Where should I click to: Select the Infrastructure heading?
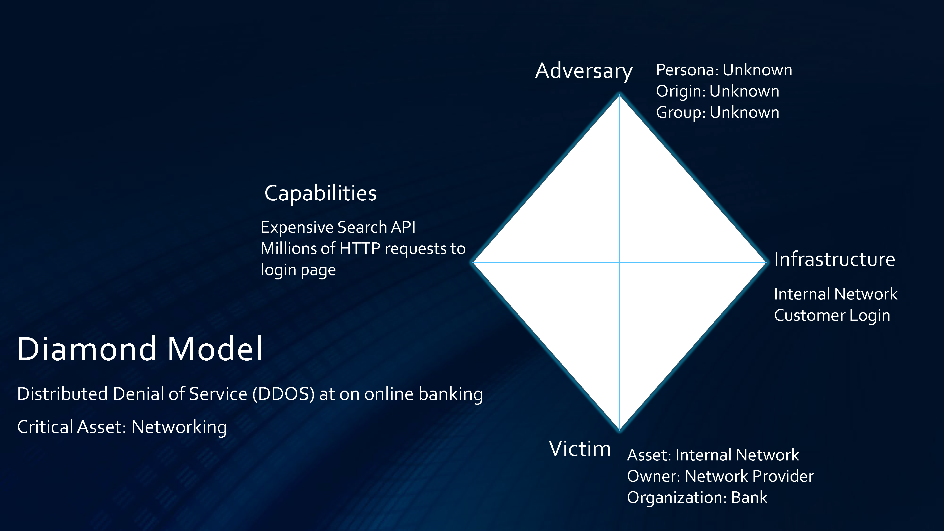(x=834, y=259)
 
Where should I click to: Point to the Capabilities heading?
(x=321, y=194)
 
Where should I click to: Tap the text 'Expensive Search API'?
(x=338, y=227)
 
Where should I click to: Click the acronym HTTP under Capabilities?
(x=360, y=249)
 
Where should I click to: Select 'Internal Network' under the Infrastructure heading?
(x=835, y=294)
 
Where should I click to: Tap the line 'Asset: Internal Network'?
(x=713, y=455)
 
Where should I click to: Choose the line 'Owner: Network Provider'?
(x=720, y=476)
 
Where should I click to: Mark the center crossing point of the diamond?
(x=619, y=262)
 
